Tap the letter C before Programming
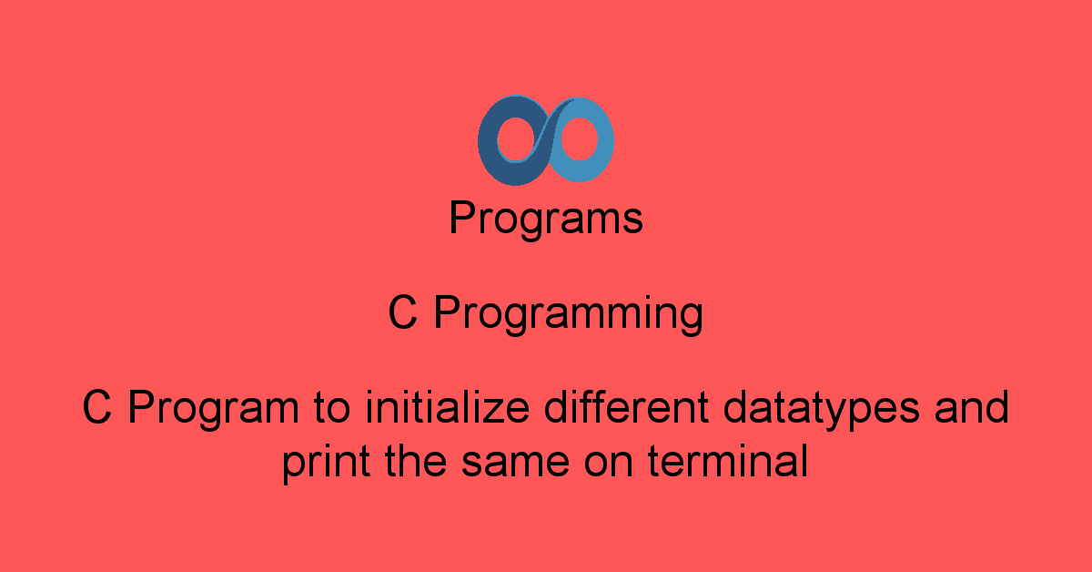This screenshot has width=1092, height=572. (402, 314)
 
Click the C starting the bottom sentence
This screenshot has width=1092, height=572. (96, 407)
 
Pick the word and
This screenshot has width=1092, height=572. (973, 406)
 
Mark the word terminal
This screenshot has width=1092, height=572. (728, 462)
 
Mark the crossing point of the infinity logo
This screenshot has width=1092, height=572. (545, 141)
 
